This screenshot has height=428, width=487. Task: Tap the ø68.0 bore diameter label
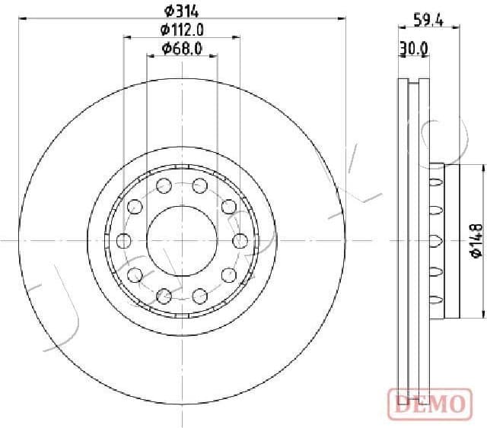(181, 49)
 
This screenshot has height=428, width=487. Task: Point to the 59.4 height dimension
(428, 19)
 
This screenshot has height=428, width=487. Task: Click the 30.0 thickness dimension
(414, 49)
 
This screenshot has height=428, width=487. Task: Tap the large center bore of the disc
(181, 240)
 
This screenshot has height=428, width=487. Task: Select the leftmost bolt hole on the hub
(123, 241)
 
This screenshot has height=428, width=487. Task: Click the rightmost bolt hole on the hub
(240, 241)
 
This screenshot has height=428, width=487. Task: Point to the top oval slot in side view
(435, 182)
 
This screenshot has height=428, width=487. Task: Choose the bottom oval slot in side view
(435, 300)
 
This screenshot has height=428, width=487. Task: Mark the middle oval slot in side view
(435, 241)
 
